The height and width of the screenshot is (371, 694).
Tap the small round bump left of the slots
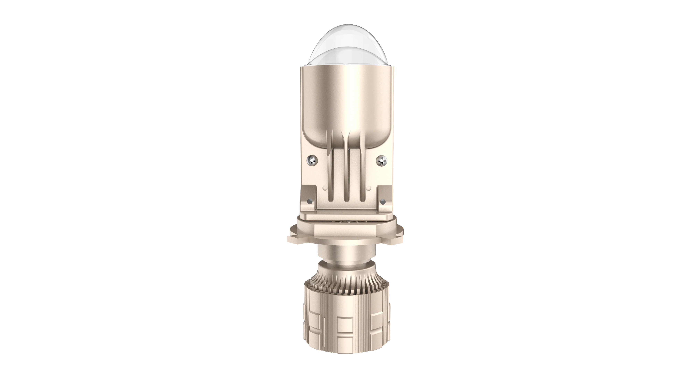click(x=325, y=188)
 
